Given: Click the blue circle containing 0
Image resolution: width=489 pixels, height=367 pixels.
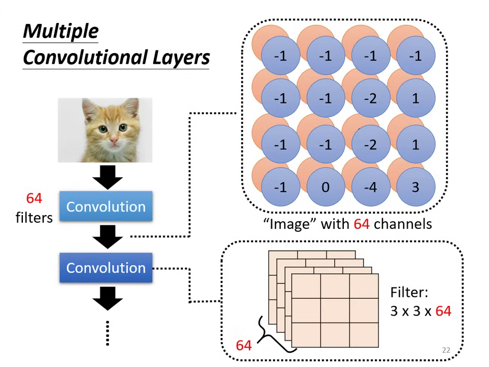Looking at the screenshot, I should [325, 187].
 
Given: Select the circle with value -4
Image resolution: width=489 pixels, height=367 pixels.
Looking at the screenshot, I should [370, 187].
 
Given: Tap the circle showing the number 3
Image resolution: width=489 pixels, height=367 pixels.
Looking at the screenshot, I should [415, 187].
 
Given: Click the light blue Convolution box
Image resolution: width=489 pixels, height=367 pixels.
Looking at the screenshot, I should [106, 206].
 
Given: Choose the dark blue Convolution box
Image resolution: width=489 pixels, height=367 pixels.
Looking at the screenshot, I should [106, 268].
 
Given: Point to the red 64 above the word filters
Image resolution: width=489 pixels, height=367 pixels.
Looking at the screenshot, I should [34, 198].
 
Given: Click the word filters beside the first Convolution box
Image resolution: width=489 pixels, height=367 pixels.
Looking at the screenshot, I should [34, 218].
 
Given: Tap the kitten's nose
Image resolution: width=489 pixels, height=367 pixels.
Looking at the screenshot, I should [113, 139].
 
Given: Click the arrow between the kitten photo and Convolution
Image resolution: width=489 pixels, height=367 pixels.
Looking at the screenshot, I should [107, 177].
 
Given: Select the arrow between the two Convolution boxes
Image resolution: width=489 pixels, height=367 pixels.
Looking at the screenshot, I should [107, 237].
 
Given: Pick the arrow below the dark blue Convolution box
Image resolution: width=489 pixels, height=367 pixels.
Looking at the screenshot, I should [107, 298].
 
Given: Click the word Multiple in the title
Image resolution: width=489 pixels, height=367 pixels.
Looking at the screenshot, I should [61, 32].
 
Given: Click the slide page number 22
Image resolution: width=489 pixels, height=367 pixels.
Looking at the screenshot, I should [446, 350].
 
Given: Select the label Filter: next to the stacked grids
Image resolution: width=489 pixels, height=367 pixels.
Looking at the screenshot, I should [409, 293].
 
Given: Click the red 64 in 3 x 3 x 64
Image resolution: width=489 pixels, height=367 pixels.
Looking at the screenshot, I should [443, 311].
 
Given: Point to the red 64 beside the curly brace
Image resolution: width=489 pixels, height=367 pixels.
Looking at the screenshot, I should [243, 346].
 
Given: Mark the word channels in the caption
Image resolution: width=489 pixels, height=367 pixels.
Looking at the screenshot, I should [402, 224].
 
